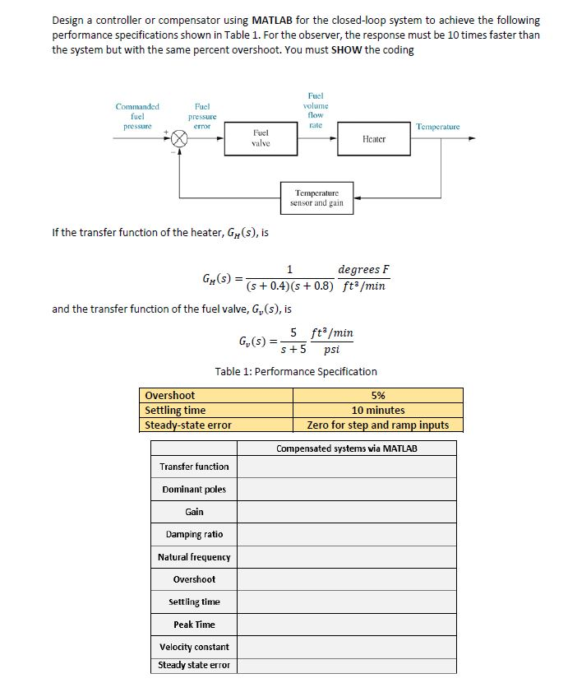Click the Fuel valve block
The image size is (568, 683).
[260, 138]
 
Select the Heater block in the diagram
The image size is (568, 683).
[373, 139]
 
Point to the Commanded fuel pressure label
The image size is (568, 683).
[137, 116]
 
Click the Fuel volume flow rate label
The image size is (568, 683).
[315, 111]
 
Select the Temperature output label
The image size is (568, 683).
[438, 128]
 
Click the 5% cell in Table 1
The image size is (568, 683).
[377, 395]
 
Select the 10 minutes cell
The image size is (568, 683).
[377, 410]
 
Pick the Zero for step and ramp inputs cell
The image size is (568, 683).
[377, 425]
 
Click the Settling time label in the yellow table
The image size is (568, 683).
[175, 410]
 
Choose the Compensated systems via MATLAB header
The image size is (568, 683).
[346, 448]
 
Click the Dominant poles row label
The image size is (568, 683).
[194, 490]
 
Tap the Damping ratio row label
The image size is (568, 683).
[194, 534]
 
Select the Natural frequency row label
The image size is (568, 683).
[194, 557]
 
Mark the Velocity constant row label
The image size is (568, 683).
[194, 647]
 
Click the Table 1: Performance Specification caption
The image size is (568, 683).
[296, 371]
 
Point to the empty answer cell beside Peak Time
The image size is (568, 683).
[346, 625]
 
